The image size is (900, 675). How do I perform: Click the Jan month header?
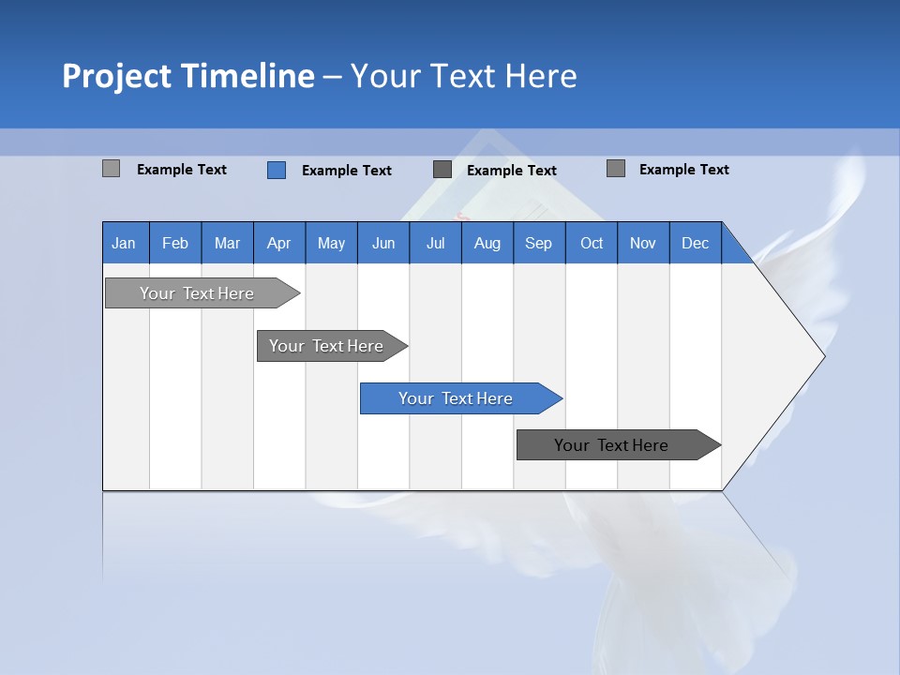[125, 243]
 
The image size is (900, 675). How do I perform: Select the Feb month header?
[175, 243]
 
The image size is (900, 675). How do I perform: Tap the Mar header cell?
[227, 243]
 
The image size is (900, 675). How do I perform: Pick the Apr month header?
[279, 243]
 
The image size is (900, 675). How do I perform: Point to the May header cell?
[331, 243]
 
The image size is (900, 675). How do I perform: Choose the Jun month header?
[383, 243]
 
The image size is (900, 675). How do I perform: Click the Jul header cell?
[435, 243]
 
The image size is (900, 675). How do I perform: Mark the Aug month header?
[487, 243]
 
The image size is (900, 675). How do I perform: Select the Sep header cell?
[539, 243]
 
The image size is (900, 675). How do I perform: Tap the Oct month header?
[592, 243]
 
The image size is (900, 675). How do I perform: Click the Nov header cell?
[643, 243]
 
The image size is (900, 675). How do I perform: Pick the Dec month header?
[696, 243]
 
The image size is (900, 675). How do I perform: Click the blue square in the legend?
[277, 170]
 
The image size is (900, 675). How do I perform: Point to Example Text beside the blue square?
[347, 171]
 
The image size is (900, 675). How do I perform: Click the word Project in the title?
[116, 76]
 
